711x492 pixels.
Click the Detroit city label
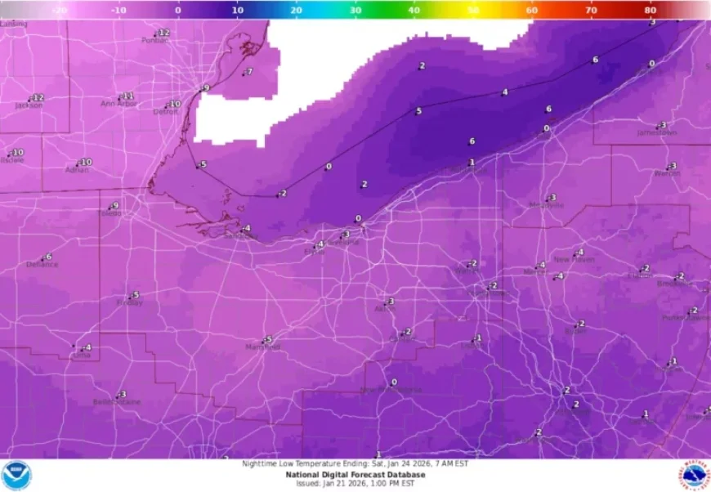(x=165, y=112)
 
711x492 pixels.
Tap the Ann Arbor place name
(x=118, y=104)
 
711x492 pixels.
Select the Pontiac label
(x=154, y=40)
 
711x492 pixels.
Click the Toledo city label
(x=110, y=213)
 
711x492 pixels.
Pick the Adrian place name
(x=77, y=170)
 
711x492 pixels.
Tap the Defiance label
(x=42, y=265)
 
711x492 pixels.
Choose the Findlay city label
(x=129, y=303)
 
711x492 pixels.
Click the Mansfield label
(x=262, y=347)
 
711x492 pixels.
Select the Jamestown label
(x=657, y=132)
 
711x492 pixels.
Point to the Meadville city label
(x=546, y=205)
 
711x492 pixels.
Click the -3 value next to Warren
(x=672, y=166)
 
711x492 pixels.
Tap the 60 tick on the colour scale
(x=532, y=11)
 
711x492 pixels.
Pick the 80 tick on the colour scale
(x=651, y=11)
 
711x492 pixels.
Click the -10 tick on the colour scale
(x=118, y=11)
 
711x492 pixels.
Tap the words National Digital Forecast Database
(x=355, y=474)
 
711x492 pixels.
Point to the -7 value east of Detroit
(x=249, y=72)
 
